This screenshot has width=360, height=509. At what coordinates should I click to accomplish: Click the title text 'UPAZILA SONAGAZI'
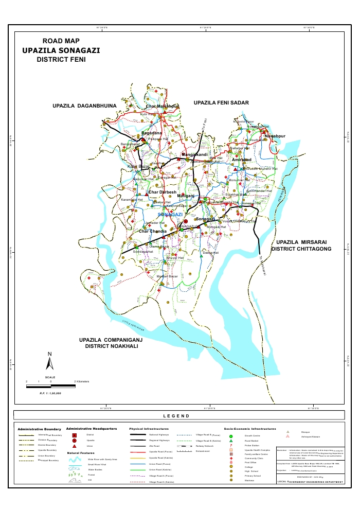click(x=61, y=51)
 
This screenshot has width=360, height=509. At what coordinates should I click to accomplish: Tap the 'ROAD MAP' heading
click(x=61, y=41)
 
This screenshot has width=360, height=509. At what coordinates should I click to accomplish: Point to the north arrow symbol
click(x=50, y=362)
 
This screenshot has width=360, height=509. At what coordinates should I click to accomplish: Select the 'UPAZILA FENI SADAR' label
click(x=221, y=103)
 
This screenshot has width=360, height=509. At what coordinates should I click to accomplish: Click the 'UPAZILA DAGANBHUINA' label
click(x=85, y=106)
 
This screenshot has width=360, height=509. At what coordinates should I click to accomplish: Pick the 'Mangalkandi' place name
click(x=194, y=154)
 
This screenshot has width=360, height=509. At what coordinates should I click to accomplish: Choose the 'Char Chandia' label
click(x=153, y=232)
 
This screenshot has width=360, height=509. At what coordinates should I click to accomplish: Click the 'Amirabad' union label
click(x=241, y=160)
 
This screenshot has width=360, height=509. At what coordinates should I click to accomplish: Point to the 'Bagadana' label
click(x=152, y=133)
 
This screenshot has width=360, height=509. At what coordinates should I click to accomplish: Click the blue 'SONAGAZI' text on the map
click(x=170, y=214)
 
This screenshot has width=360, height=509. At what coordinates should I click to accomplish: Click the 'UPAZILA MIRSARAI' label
click(x=301, y=242)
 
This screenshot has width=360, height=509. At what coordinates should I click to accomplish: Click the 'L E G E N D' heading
click(x=176, y=416)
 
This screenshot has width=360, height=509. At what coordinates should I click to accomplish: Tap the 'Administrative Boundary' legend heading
click(x=39, y=429)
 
